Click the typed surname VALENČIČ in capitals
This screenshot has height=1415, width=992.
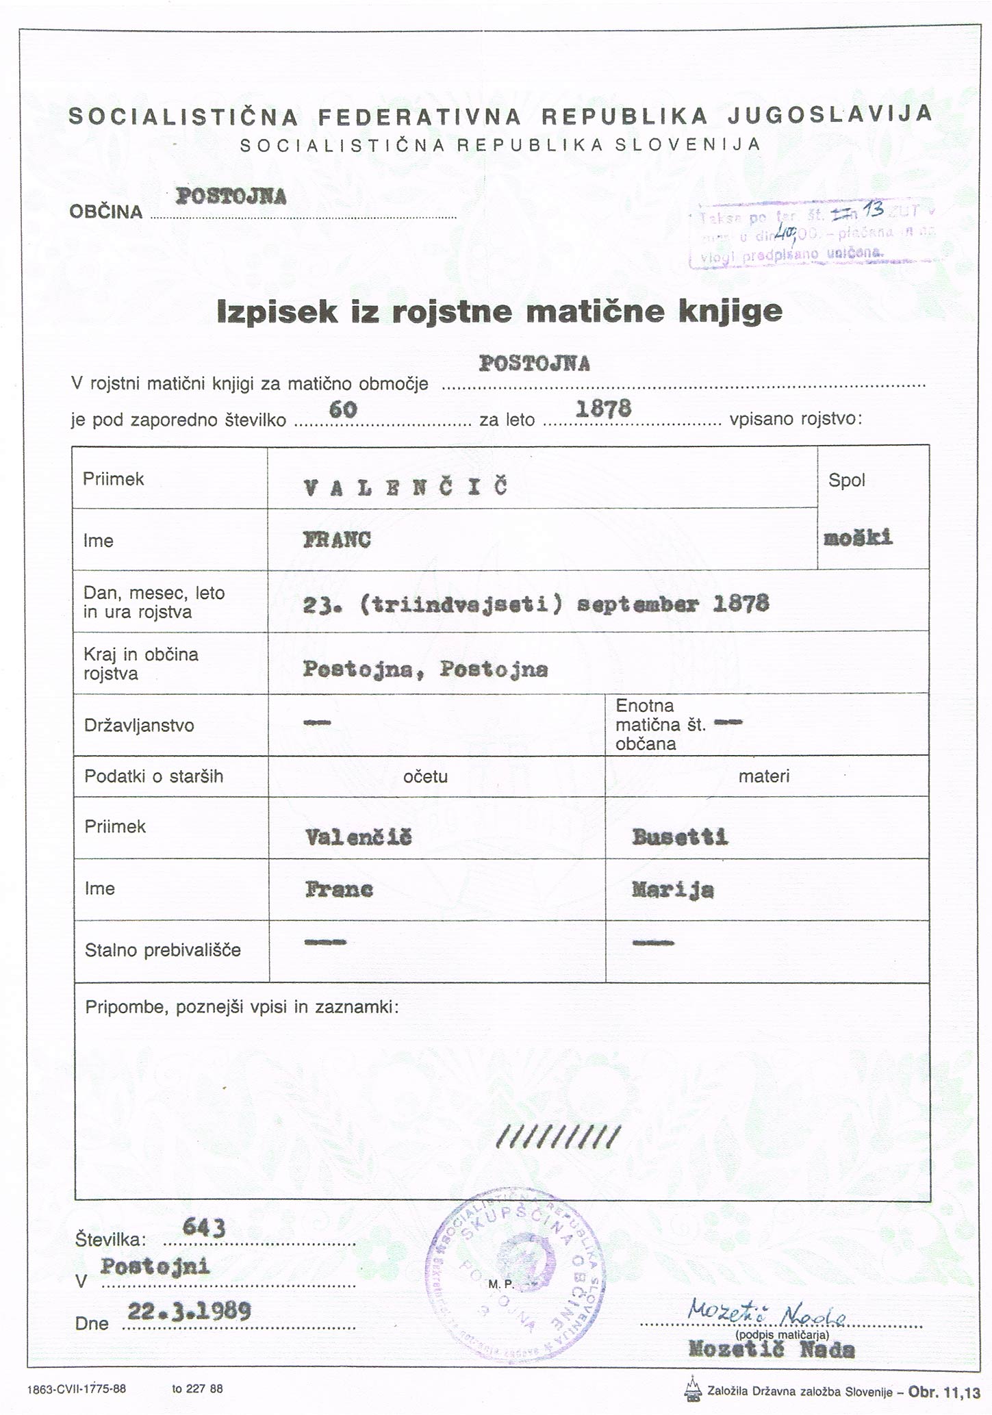405,487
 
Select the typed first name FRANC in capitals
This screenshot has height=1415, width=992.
337,540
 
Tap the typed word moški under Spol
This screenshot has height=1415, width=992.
859,537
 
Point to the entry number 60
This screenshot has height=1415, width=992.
343,409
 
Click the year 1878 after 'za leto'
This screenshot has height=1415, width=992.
603,409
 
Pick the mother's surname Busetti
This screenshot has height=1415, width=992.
680,837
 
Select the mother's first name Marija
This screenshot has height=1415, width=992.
672,889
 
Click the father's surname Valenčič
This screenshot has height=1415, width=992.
358,837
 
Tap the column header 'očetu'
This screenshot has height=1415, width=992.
425,776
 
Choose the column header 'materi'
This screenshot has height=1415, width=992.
764,776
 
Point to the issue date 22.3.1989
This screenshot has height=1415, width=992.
189,1311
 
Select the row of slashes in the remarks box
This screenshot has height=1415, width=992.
558,1137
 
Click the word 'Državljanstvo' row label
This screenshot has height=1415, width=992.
139,725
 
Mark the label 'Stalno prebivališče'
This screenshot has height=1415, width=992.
162,949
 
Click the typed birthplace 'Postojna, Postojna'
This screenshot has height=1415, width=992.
425,669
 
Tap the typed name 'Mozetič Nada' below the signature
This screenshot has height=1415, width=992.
771,1350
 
